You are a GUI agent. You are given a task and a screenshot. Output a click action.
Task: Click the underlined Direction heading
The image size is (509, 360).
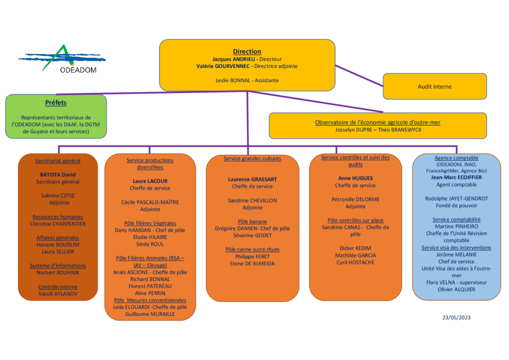(247, 51)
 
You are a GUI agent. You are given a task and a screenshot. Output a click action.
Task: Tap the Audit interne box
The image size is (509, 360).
(434, 87)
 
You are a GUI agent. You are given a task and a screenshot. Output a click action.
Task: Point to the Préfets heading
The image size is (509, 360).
(56, 103)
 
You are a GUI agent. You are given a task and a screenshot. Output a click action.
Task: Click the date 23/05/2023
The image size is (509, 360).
(457, 317)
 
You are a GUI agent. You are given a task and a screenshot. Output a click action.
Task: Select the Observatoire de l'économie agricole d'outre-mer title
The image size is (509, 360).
(377, 122)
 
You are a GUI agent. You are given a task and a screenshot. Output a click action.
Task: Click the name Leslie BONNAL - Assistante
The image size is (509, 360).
(247, 80)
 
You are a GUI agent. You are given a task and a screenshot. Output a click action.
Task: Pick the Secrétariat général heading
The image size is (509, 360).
(58, 161)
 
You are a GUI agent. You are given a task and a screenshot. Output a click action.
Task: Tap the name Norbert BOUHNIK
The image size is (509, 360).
(58, 272)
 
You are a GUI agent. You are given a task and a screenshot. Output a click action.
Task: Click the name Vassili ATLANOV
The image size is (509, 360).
(58, 294)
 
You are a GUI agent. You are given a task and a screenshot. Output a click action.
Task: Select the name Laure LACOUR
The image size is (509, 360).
(150, 181)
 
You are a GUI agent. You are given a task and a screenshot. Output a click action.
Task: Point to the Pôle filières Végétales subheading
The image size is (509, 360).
(150, 223)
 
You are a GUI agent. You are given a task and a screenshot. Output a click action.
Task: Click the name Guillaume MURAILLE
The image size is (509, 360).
(150, 314)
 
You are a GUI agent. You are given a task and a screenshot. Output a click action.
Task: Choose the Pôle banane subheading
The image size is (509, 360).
(252, 221)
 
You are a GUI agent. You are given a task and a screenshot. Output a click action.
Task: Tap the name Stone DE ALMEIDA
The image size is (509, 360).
(252, 264)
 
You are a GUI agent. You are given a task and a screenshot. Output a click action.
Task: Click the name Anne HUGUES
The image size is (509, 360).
(355, 178)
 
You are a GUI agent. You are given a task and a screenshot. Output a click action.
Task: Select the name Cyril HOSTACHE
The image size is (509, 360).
(355, 262)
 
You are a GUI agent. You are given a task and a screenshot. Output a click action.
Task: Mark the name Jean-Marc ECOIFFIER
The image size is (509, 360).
(457, 177)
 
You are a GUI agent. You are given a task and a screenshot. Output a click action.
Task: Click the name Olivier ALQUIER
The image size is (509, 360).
(457, 289)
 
